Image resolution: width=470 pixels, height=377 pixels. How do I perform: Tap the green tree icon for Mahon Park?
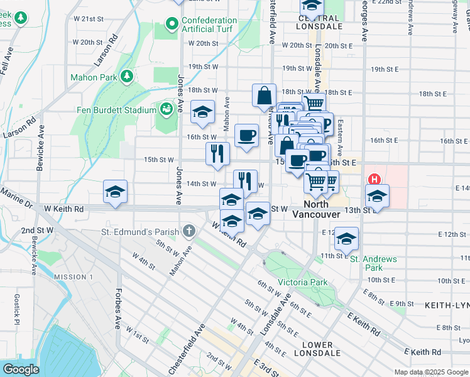128,76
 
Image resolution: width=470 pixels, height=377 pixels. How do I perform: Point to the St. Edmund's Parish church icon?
188,231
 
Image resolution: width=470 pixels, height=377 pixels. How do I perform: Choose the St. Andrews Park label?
373,263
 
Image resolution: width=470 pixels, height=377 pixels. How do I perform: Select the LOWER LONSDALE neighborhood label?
317,350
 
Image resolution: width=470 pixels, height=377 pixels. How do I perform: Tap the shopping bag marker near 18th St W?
265,96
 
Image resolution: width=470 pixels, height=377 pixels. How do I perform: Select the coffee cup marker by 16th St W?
246,135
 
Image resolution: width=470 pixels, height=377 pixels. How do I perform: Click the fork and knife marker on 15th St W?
217,154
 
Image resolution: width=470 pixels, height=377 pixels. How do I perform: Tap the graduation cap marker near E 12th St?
346,239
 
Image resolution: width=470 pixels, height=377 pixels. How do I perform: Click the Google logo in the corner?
21,369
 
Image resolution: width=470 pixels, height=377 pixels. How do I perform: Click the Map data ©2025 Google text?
430,372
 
